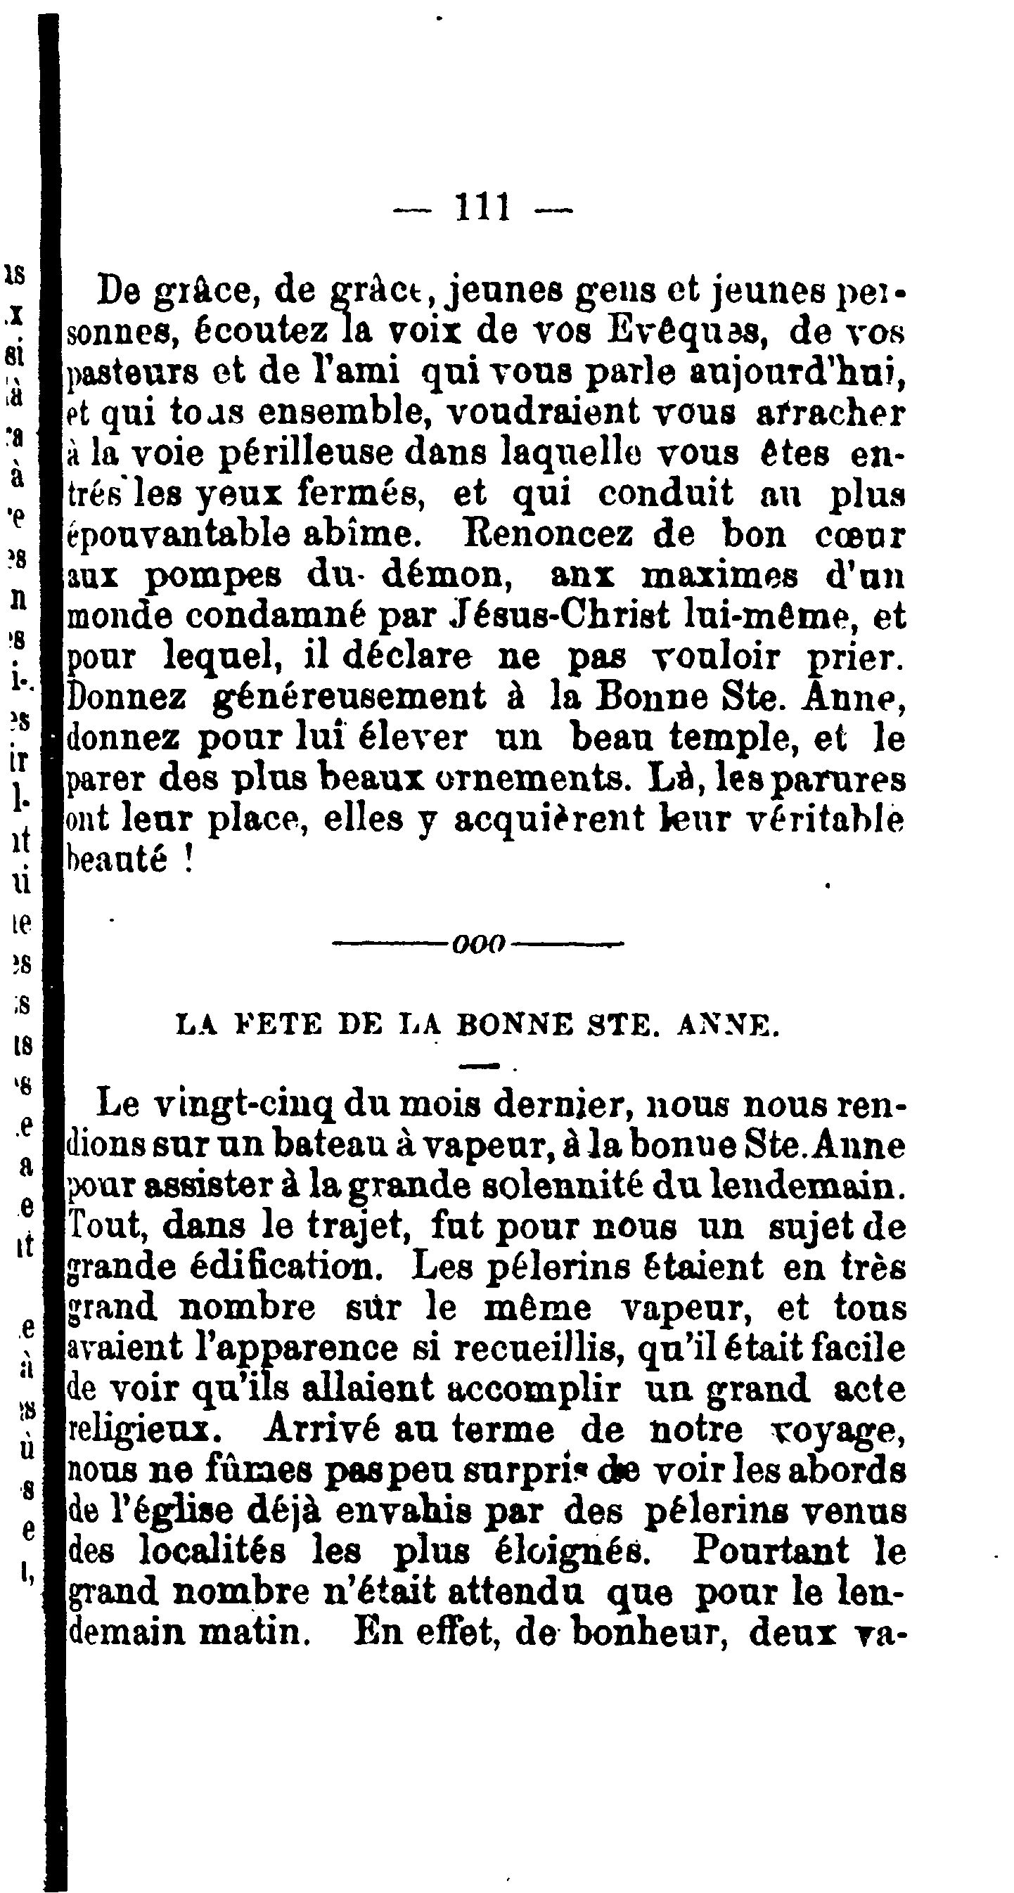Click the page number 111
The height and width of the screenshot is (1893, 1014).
483,208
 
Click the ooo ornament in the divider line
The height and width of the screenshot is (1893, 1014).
480,943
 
